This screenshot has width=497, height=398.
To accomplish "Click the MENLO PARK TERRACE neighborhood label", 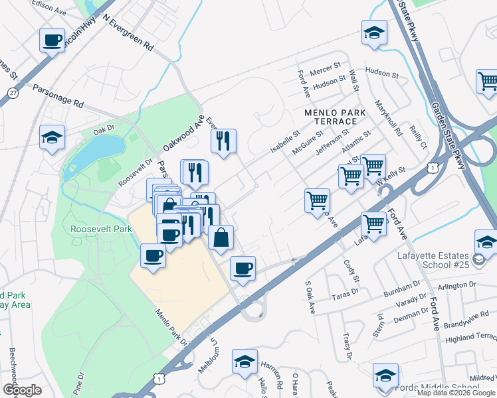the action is click(x=335, y=118).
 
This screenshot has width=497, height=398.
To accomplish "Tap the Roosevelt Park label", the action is click(x=101, y=229).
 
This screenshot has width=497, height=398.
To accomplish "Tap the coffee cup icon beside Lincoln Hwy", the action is click(x=52, y=40).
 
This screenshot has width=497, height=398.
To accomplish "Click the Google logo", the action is click(x=22, y=389).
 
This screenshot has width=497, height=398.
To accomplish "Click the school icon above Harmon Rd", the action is click(x=245, y=362).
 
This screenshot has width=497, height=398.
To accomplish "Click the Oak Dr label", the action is click(x=104, y=129).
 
